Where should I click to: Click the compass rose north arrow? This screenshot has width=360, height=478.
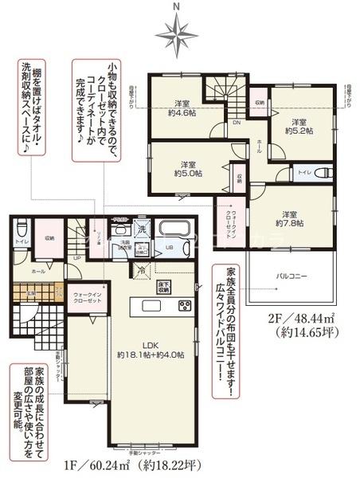click(x=177, y=32)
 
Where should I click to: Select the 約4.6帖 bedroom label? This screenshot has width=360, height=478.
click(x=182, y=108)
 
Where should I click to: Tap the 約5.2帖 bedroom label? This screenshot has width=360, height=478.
click(x=299, y=126)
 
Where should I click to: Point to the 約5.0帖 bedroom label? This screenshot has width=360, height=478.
click(x=187, y=167)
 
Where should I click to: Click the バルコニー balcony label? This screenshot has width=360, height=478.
click(x=293, y=276)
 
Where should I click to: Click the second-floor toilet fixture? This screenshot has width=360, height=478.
click(x=321, y=172)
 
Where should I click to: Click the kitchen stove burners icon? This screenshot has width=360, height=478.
click(x=184, y=306)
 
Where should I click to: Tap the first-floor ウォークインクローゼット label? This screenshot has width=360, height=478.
click(x=85, y=296)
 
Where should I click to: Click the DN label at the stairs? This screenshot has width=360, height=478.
click(x=237, y=123)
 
